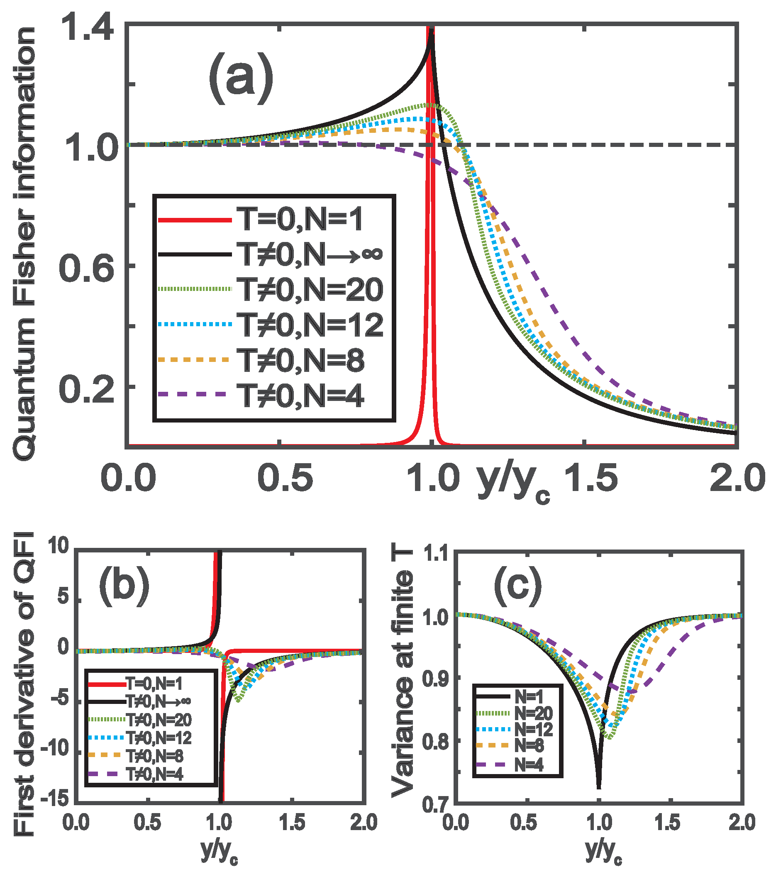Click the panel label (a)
(241, 77)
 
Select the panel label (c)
(517, 585)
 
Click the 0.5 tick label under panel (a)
(285, 478)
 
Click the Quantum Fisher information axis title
(25, 244)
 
